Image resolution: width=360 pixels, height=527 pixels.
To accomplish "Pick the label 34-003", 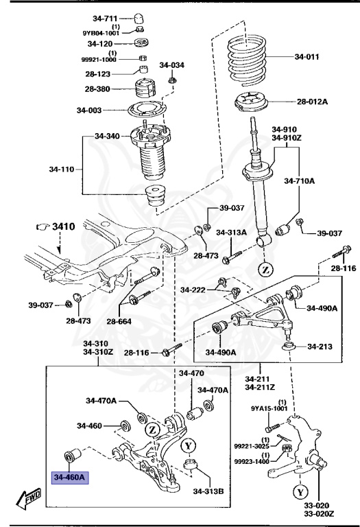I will [91, 110].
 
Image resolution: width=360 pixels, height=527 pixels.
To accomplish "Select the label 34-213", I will [319, 347].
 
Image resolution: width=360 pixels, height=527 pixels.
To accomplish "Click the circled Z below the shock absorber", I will [264, 269].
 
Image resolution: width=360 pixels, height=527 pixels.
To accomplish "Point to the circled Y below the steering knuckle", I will [300, 491].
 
